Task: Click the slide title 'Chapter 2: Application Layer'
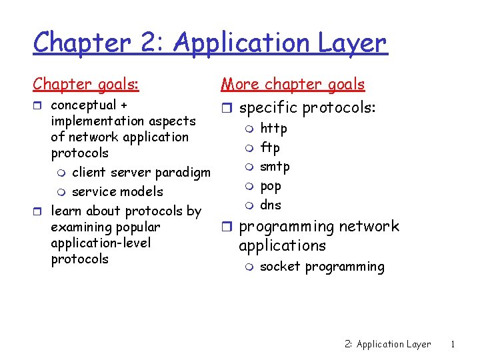pyautogui.click(x=209, y=43)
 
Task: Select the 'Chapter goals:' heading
pyautogui.click(x=86, y=84)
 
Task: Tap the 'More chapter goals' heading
pyautogui.click(x=293, y=84)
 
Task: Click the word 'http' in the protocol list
pyautogui.click(x=273, y=128)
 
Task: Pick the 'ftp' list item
pyautogui.click(x=269, y=147)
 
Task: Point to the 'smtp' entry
pyautogui.click(x=275, y=167)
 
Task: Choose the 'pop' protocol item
pyautogui.click(x=271, y=186)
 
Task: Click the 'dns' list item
pyautogui.click(x=271, y=205)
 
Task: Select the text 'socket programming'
pyautogui.click(x=322, y=267)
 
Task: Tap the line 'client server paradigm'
pyautogui.click(x=141, y=173)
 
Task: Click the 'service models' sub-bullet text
pyautogui.click(x=117, y=192)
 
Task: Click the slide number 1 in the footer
pyautogui.click(x=453, y=345)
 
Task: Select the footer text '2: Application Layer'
pyautogui.click(x=388, y=345)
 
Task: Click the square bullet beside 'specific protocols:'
pyautogui.click(x=227, y=108)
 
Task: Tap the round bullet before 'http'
pyautogui.click(x=249, y=129)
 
